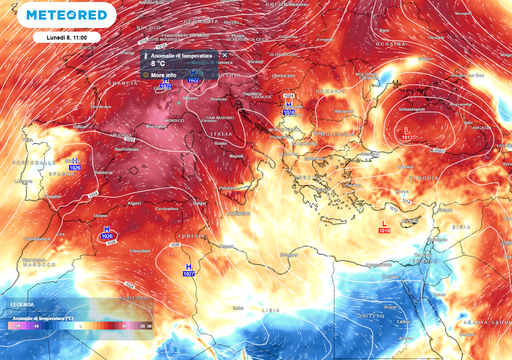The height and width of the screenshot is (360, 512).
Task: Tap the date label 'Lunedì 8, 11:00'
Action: [38, 37]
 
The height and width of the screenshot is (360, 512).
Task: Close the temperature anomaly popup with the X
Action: [224, 55]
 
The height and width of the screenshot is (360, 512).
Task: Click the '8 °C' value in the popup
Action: [159, 64]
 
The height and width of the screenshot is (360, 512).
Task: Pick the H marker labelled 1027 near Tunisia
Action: [187, 267]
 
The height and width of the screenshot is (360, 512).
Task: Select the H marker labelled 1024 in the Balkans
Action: [289, 107]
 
